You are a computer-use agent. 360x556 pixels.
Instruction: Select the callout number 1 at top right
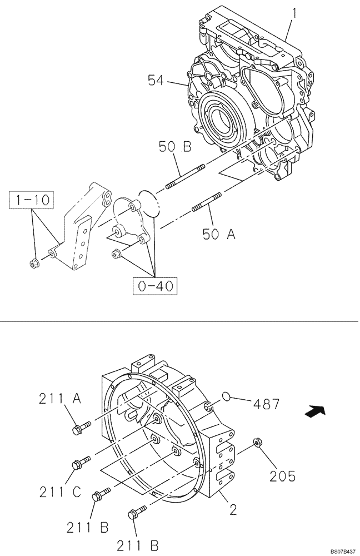tap(295, 11)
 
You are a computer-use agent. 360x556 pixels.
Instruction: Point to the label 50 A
tap(218, 234)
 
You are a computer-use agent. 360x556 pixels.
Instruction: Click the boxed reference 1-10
tap(31, 199)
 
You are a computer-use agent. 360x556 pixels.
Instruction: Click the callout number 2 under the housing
tap(233, 510)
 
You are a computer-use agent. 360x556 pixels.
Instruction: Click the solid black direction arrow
tap(314, 411)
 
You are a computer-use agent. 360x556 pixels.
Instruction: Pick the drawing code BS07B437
tap(339, 551)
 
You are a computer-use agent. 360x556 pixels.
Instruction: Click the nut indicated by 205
tap(257, 443)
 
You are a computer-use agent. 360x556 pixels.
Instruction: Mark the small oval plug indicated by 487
tap(227, 396)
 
